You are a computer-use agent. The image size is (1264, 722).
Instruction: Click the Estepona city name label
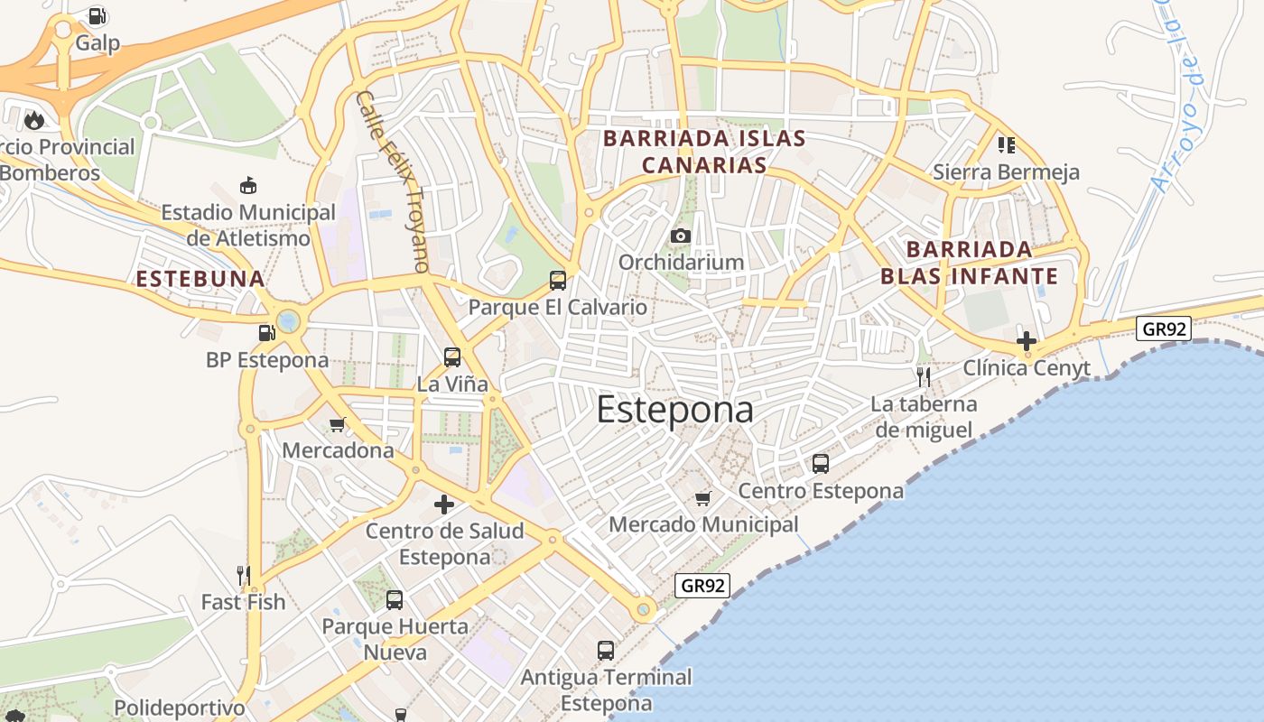[674, 410]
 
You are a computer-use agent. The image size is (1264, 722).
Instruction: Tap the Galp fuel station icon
[97, 16]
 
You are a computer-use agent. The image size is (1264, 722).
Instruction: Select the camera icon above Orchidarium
[681, 236]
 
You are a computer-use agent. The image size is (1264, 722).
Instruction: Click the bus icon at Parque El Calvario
[558, 281]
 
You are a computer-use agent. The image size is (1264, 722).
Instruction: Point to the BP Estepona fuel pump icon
[266, 333]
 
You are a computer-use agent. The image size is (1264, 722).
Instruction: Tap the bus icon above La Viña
[452, 357]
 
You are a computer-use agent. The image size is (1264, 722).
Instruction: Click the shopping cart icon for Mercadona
[338, 424]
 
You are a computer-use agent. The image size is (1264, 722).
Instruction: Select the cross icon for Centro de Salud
[444, 504]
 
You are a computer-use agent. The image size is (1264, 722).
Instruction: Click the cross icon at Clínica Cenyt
[1027, 341]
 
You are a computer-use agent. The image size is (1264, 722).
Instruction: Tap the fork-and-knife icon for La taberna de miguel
[923, 376]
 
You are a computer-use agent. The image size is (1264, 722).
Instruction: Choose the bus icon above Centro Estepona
[821, 464]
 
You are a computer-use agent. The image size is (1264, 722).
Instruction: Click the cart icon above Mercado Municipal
[703, 498]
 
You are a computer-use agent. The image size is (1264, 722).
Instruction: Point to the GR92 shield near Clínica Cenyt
[1165, 329]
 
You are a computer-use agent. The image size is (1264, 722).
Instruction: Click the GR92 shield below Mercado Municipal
[702, 586]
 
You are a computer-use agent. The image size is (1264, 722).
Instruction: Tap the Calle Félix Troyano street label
[394, 180]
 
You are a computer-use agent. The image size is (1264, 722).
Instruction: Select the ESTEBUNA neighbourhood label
[200, 279]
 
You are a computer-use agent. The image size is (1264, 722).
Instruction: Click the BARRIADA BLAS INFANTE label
[969, 263]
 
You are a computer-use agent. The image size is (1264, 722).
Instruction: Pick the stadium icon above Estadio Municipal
[248, 186]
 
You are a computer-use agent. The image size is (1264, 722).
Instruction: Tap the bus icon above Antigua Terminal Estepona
[606, 650]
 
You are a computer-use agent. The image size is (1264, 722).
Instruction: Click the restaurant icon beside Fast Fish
[243, 575]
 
